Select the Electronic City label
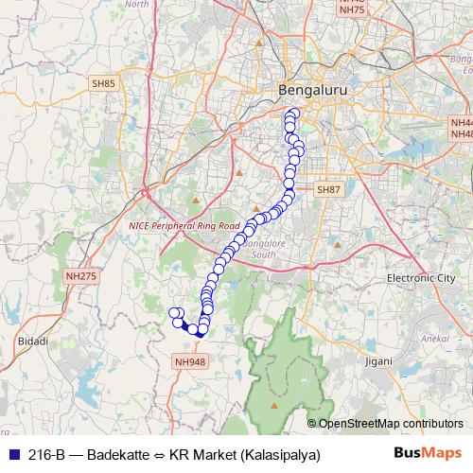tap(421, 278)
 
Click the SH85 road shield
tap(103, 83)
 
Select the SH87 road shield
tap(327, 217)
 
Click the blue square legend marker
tap(12, 454)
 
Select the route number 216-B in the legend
tap(46, 454)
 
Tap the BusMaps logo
tap(429, 453)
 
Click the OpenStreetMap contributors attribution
tap(391, 423)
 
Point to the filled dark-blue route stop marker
tap(201, 332)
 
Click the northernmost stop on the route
tap(292, 114)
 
